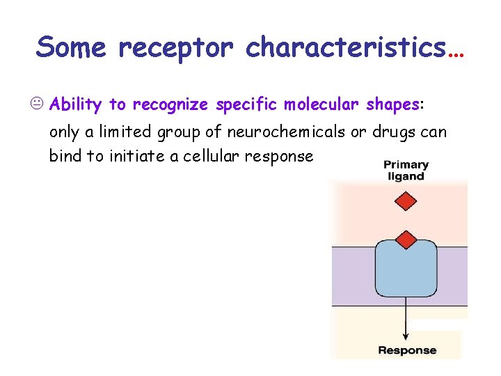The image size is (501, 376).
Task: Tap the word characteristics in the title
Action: (346, 47)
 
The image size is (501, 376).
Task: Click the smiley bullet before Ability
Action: (40, 105)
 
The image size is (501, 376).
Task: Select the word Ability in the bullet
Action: (77, 105)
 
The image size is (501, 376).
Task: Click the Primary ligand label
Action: (406, 171)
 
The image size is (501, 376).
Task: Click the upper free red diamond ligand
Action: (406, 202)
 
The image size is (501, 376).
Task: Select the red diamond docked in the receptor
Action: (406, 240)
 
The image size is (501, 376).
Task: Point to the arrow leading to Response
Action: (406, 320)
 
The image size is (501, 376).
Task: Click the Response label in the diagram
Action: (407, 350)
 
